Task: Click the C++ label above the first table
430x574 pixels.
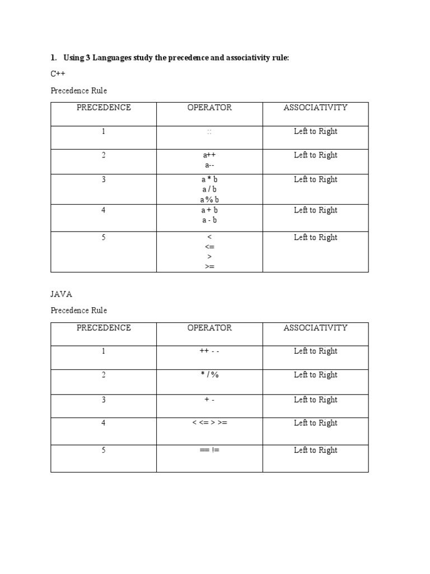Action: coord(58,73)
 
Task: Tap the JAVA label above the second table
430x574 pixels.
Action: coord(62,294)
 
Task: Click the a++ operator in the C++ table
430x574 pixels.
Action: coord(209,155)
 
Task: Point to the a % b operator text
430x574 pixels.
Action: coord(209,200)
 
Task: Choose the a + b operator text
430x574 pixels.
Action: coord(209,210)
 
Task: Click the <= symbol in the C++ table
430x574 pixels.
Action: coord(209,247)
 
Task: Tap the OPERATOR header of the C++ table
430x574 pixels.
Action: coord(209,108)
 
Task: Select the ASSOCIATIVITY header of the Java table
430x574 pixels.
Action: coord(315,328)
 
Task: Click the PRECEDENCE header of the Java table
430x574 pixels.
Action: coord(104,328)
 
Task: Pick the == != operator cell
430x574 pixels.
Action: coord(209,450)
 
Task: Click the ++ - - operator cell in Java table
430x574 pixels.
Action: coord(209,351)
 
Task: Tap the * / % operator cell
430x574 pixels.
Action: coord(209,375)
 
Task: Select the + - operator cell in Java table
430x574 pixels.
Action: coord(209,400)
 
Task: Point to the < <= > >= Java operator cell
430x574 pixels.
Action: coord(209,423)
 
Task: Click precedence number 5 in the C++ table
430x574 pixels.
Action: coord(104,238)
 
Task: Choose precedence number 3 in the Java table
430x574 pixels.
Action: coord(104,400)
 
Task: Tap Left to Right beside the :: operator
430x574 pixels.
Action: coord(315,132)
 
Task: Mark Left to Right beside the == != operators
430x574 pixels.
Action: coord(315,450)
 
